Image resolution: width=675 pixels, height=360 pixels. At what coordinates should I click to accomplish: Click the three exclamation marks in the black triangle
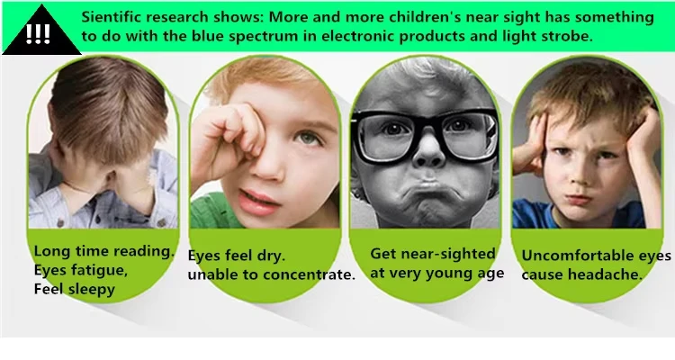tap(38, 34)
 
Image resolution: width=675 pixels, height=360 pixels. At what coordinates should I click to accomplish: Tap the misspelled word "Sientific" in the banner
tap(107, 17)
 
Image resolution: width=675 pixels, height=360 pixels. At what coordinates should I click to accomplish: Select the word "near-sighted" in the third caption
tap(451, 254)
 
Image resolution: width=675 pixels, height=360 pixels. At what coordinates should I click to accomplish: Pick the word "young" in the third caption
tap(452, 274)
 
